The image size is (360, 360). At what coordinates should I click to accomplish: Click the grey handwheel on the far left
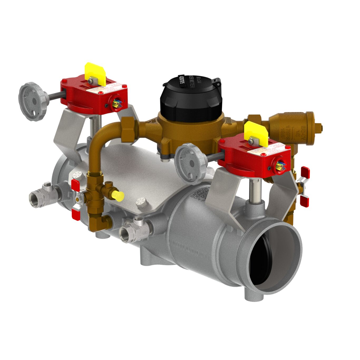[x=31, y=101]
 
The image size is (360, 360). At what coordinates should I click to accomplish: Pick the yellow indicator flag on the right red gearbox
[x=256, y=133]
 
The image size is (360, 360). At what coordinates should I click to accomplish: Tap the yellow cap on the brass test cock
[x=118, y=196]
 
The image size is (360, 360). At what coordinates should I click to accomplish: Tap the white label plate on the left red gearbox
[x=105, y=89]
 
